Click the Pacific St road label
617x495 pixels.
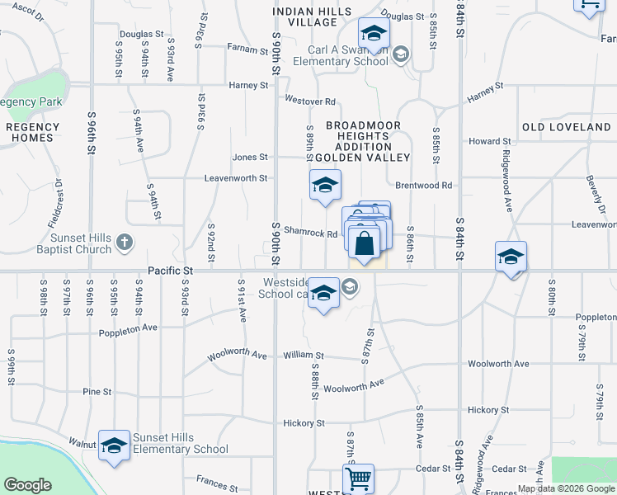171,271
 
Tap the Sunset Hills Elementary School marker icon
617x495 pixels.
114,445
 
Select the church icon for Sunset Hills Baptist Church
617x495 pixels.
124,242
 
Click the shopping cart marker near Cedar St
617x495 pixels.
359,478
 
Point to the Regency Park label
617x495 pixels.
31,101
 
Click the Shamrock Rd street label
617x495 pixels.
311,233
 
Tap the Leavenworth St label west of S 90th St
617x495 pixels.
236,177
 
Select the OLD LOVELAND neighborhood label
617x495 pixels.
567,127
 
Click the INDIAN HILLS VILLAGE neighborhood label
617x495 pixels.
313,16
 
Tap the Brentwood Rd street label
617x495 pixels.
424,186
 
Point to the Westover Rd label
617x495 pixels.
309,101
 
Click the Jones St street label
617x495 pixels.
250,157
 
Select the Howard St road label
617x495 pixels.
484,141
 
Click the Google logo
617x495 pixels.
27,485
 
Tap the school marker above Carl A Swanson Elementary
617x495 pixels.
373,35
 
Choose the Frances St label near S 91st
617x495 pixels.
217,478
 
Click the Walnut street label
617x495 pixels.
82,442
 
